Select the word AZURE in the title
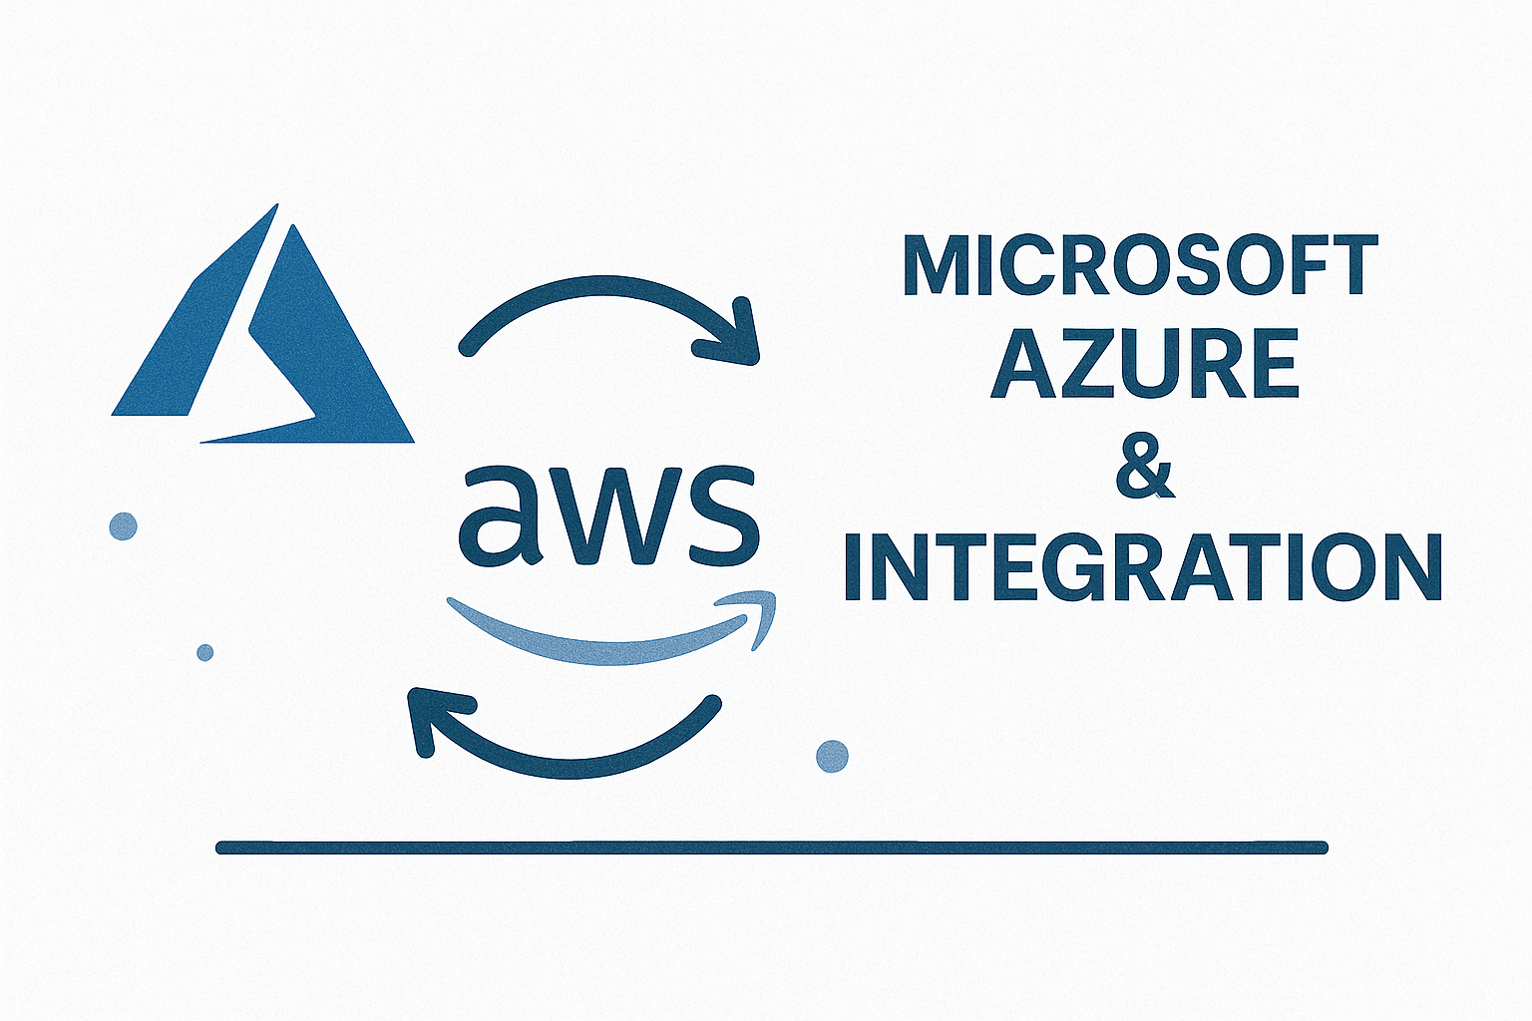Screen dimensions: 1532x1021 click(x=1144, y=364)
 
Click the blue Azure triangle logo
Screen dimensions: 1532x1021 click(x=263, y=342)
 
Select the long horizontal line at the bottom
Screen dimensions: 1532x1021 click(x=771, y=848)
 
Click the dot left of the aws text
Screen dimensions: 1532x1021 click(x=123, y=526)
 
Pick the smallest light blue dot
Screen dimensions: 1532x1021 click(x=205, y=652)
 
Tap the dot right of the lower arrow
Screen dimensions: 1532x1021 click(x=833, y=756)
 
